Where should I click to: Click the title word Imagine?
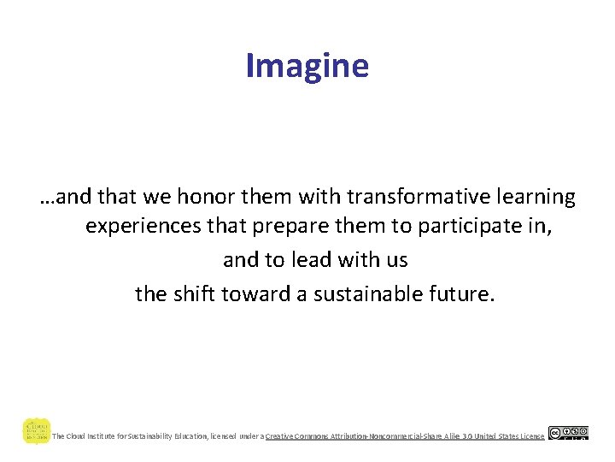point(307,66)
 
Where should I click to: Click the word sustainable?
point(376,294)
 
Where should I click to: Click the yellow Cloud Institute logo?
point(36,431)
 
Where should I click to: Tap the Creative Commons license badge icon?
point(568,433)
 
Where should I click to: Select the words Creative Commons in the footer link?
point(299,436)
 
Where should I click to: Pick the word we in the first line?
point(156,198)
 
